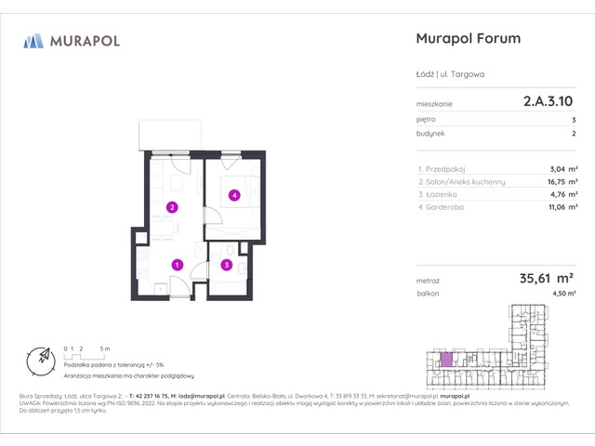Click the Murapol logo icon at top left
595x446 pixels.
33,40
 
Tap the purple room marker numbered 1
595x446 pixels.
177,265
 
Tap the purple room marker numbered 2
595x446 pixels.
171,206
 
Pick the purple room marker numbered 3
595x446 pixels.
226,265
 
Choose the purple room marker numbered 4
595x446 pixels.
235,195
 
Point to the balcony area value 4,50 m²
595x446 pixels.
563,294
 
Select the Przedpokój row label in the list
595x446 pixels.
443,168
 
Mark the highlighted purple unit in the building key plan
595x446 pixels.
447,358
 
